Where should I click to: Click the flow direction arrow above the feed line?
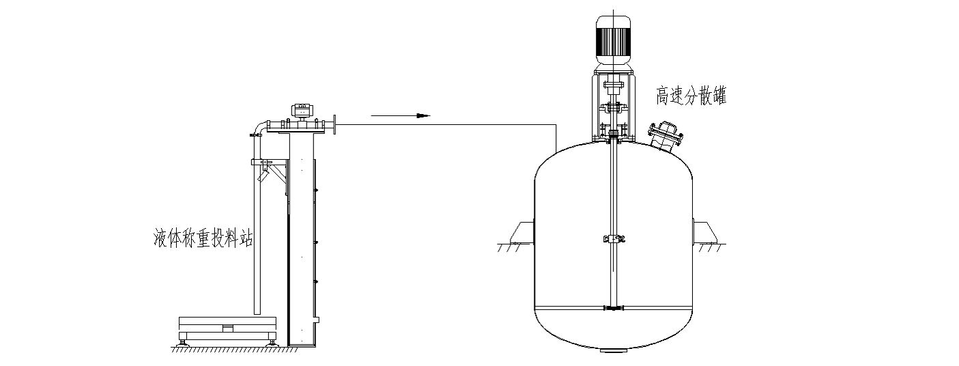(401, 115)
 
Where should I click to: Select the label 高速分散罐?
(691, 96)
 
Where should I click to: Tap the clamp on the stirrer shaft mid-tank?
(614, 239)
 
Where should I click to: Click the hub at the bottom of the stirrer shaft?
(614, 308)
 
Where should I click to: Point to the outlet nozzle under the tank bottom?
(613, 351)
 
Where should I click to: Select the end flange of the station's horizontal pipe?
(334, 125)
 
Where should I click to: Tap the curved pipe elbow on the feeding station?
(259, 127)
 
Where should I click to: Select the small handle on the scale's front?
(228, 328)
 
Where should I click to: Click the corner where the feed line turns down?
(556, 124)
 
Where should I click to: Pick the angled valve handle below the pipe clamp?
(262, 175)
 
